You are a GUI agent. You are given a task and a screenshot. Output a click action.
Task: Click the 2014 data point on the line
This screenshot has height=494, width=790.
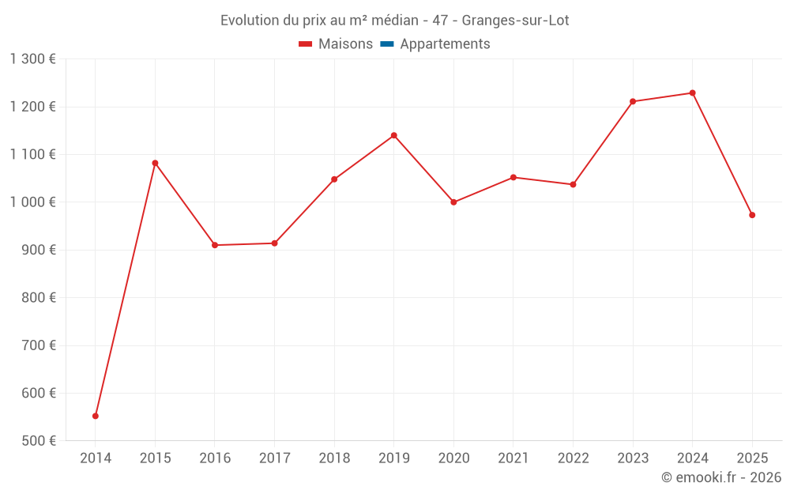tap(96, 416)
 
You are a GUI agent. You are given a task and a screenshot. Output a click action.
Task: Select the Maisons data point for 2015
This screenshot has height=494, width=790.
tap(155, 163)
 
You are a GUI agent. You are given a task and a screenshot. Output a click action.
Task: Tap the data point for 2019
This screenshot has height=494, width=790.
tap(393, 135)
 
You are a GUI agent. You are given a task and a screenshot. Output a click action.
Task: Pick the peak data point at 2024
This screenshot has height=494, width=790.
tap(692, 93)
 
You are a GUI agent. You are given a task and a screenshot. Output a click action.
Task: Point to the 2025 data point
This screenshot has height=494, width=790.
tap(752, 215)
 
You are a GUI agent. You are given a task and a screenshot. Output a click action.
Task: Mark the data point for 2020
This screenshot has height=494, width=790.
tap(453, 202)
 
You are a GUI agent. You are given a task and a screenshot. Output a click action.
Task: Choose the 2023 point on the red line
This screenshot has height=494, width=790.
tap(633, 101)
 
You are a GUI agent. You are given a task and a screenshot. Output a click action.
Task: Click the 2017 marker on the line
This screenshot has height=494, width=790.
tap(274, 243)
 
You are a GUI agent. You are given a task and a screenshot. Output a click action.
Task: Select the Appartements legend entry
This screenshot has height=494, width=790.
tap(445, 44)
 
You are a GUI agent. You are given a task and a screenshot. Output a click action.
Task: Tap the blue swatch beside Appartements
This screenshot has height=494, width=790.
tap(387, 44)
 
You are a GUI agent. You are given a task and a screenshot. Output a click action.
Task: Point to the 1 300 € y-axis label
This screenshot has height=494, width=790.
tap(32, 59)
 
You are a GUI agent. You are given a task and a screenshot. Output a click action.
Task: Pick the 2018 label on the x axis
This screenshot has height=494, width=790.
tap(334, 458)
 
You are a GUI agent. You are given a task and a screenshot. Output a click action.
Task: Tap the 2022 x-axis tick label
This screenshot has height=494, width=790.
tap(573, 458)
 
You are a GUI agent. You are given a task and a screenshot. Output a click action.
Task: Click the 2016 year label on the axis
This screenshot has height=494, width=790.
tap(215, 458)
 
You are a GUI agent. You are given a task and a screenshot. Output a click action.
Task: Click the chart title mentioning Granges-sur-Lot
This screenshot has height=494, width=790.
tap(394, 21)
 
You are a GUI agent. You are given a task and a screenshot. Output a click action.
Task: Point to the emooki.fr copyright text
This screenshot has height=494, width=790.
tap(720, 477)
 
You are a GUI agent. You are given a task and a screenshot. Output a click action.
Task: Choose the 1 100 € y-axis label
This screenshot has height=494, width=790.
tap(32, 155)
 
